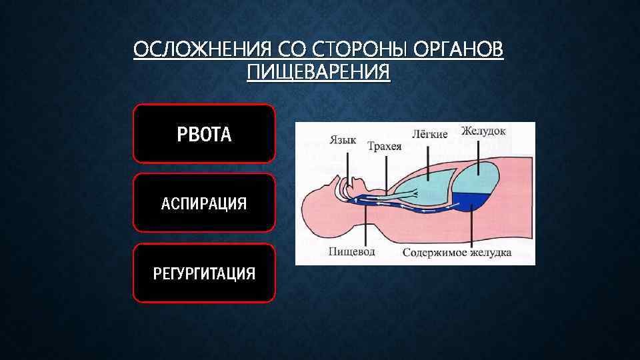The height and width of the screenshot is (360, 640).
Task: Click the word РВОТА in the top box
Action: pos(204,135)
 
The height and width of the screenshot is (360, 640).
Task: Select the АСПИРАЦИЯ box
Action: pos(204,203)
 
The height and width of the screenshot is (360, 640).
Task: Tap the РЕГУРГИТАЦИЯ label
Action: pos(204,273)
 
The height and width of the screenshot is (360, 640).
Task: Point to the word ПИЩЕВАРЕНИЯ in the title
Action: pos(319,71)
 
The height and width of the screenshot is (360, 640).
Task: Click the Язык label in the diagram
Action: pos(343,140)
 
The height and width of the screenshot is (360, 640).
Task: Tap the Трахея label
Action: pos(385,147)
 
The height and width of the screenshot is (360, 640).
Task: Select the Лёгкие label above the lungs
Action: pos(429,134)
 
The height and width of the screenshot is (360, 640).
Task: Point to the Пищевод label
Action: pos(351,252)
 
